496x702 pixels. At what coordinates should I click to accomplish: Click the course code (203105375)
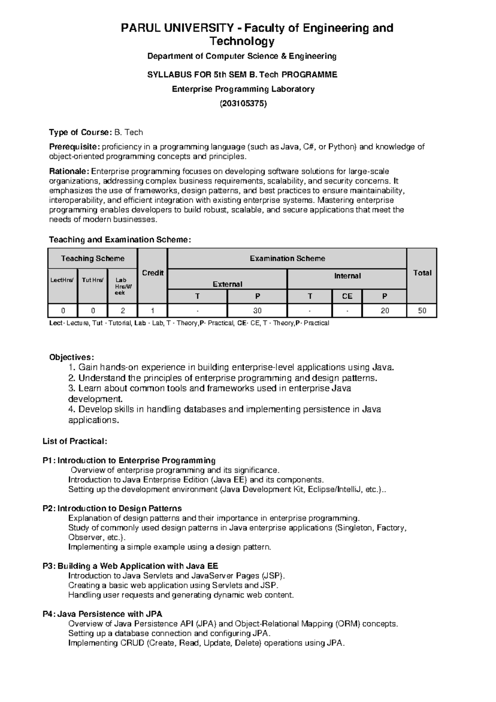point(243,103)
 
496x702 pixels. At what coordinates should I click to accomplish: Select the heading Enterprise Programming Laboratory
point(243,89)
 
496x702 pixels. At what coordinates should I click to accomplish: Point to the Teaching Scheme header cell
point(93,259)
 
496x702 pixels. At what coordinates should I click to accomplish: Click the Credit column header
point(153,273)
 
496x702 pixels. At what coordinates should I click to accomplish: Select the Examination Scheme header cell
point(287,259)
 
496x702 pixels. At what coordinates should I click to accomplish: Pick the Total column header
point(422,273)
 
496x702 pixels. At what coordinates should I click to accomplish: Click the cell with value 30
point(257,310)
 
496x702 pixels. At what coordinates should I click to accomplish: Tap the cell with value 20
point(384,310)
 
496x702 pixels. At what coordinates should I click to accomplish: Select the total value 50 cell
point(422,310)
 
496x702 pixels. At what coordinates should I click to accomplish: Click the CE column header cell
point(347,296)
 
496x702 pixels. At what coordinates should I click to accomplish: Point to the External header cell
point(227,284)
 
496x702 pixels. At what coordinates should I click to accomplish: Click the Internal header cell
point(347,276)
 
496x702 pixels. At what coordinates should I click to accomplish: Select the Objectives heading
point(72,357)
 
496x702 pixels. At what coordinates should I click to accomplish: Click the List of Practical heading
point(75,441)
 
